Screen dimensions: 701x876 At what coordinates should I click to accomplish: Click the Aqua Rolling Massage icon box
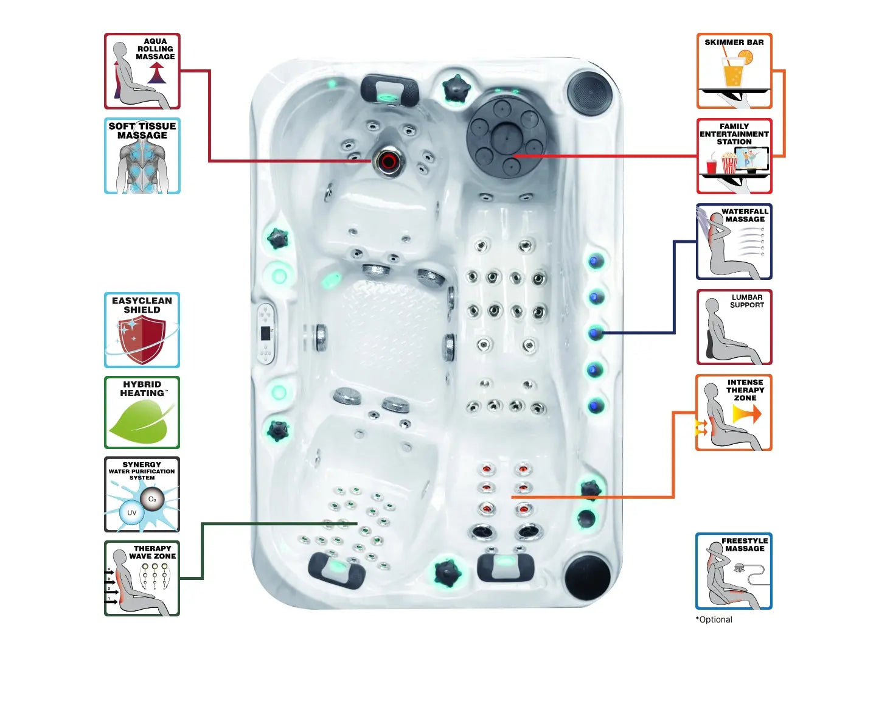click(x=142, y=71)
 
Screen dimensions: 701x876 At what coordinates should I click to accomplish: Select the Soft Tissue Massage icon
click(x=142, y=156)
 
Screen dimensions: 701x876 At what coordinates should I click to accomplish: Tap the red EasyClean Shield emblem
click(x=141, y=339)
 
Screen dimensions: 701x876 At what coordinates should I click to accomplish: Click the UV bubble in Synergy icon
click(x=131, y=513)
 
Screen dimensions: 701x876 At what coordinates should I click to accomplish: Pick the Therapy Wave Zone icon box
click(x=142, y=578)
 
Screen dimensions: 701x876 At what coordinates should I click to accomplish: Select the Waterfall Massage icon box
click(x=734, y=242)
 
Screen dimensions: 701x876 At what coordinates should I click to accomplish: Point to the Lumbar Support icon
click(x=734, y=327)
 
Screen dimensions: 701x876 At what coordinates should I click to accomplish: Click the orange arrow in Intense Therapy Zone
click(x=747, y=414)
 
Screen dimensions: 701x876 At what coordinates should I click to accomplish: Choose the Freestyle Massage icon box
click(x=734, y=571)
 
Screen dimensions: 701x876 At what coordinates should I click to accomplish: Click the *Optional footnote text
click(x=714, y=619)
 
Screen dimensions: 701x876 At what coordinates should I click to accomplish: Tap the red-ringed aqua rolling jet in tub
click(x=388, y=161)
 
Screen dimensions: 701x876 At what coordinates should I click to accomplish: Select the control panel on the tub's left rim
click(x=266, y=333)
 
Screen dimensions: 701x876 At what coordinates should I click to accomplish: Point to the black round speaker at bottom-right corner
click(x=587, y=576)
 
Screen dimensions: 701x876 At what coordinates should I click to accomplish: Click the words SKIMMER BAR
click(x=734, y=43)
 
